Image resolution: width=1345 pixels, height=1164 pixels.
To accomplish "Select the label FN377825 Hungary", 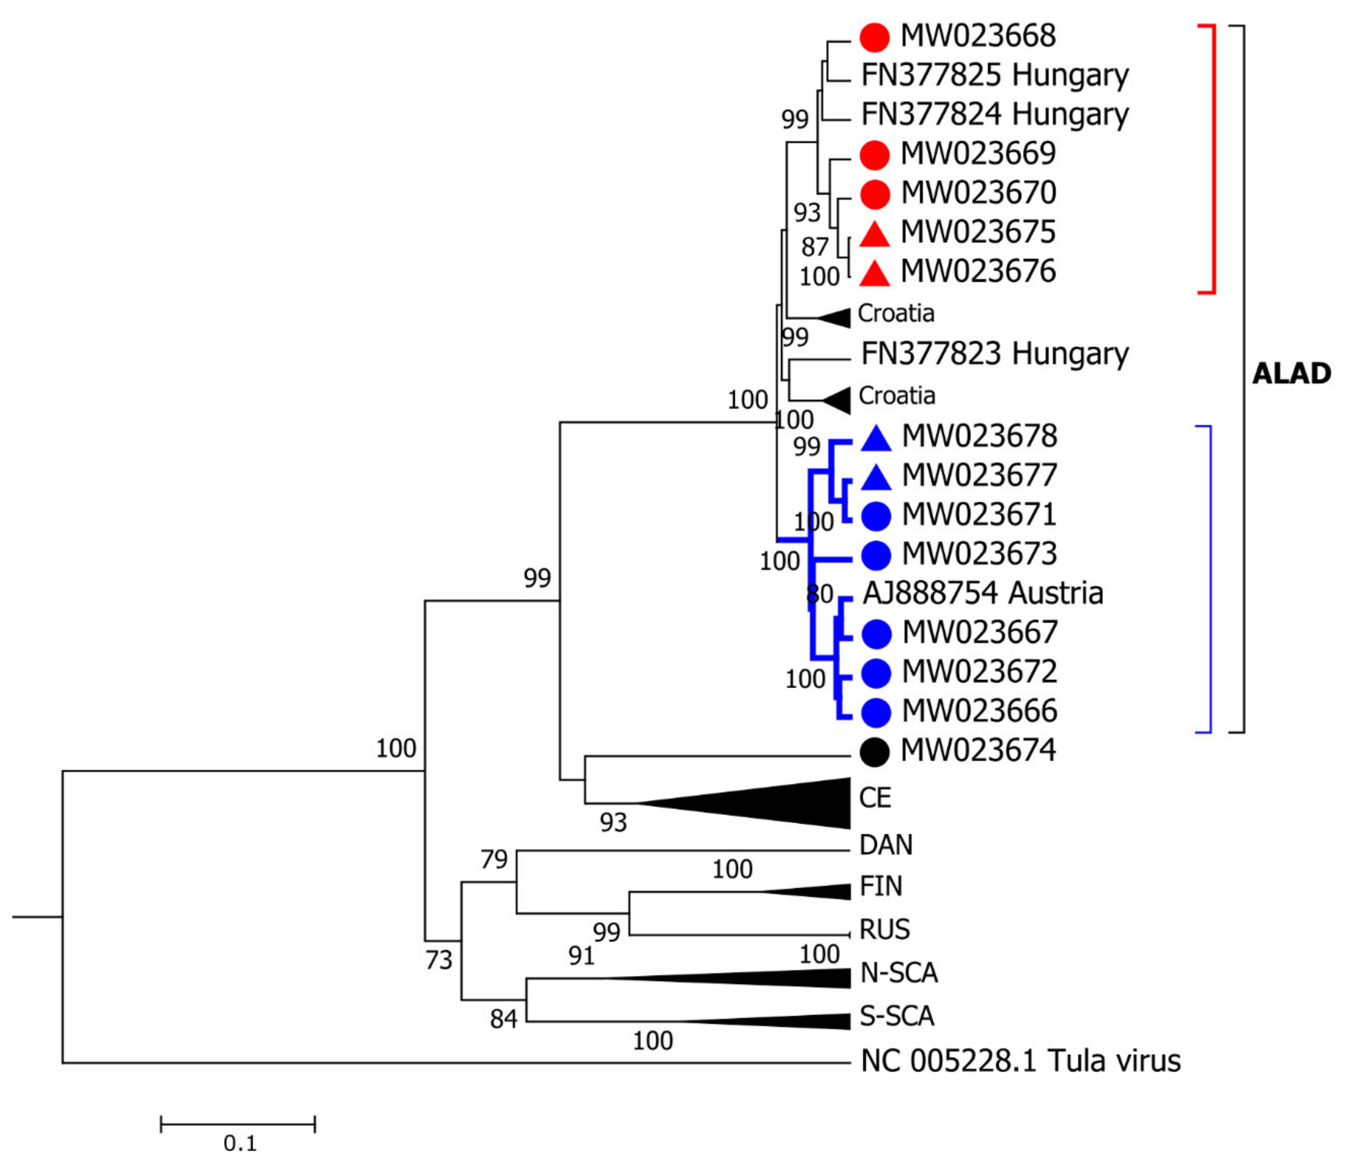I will pos(994,76).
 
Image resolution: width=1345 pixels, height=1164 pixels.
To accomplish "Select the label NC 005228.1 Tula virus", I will pos(1020,1061).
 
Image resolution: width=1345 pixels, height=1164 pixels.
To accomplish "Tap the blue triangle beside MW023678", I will pos(876,439).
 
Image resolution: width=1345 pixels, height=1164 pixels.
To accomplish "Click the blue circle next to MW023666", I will pos(875,712).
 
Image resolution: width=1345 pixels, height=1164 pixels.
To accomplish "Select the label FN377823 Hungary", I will pos(994,354).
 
